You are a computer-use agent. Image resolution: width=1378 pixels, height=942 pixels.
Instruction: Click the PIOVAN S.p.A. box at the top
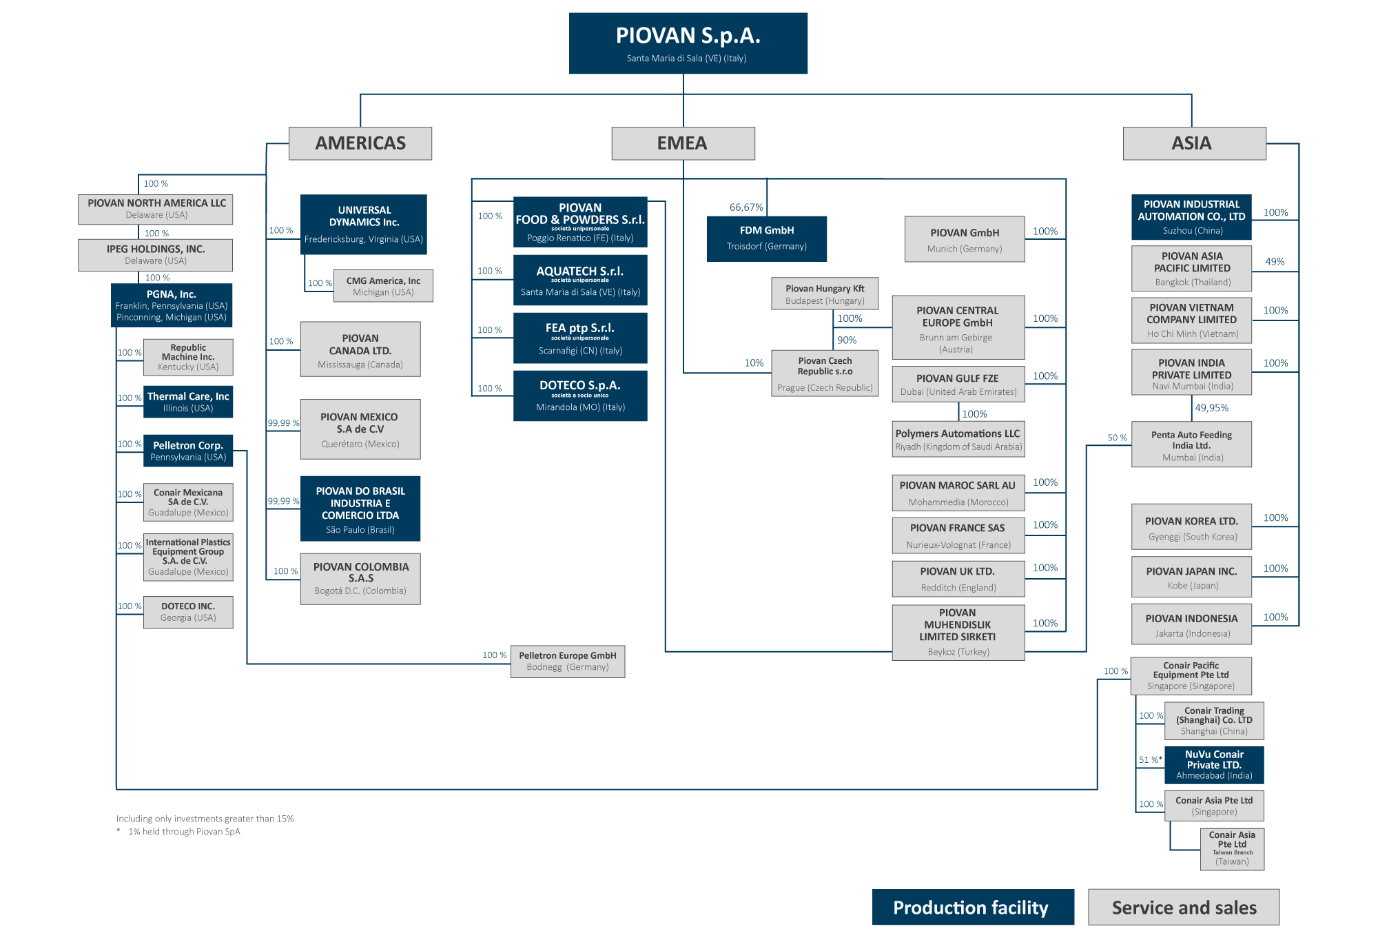point(688,43)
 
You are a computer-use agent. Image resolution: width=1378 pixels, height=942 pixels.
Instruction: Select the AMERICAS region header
point(360,143)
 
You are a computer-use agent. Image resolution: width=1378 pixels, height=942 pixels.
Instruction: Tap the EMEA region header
point(683,143)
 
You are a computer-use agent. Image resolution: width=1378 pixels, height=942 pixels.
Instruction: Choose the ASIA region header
point(1194,143)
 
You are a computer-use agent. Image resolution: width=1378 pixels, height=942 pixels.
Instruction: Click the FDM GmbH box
point(766,238)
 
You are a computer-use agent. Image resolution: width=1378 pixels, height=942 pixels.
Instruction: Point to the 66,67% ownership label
point(746,207)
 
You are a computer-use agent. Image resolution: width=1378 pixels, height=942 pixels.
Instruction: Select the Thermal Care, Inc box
point(188,402)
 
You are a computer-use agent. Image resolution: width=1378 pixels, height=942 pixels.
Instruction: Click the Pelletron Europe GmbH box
point(568,662)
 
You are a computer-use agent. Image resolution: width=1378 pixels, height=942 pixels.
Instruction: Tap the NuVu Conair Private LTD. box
point(1214,765)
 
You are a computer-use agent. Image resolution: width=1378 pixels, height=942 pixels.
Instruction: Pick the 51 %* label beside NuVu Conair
point(1150,759)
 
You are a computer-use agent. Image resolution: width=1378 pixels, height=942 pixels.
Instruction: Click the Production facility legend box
point(972,907)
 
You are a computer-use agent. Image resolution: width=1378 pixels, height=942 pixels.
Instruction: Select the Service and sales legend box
point(1184,907)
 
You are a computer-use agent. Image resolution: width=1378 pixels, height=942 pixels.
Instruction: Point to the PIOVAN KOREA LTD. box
point(1191,527)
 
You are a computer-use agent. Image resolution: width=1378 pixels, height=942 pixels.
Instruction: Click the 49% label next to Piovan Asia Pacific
point(1275,262)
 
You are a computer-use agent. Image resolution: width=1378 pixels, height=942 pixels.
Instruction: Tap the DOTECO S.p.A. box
point(580,396)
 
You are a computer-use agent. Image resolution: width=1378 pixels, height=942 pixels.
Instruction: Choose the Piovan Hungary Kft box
point(825,294)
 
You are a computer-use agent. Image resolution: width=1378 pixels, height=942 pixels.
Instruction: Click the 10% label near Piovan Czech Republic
point(754,363)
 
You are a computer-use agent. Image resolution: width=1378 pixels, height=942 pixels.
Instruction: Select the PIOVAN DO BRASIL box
point(360,509)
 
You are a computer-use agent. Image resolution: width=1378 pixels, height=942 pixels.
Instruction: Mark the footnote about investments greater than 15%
point(205,819)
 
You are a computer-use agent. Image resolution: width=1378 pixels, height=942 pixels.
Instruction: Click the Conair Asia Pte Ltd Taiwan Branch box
point(1232,849)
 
